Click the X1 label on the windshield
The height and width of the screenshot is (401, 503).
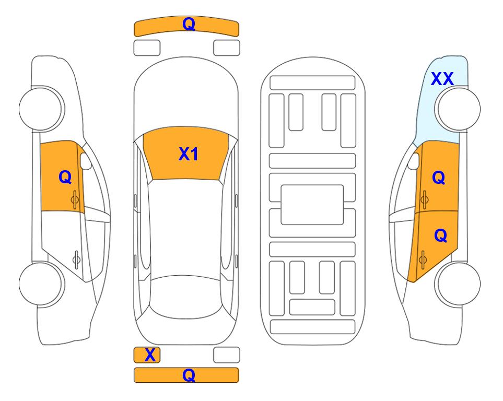tap(189, 154)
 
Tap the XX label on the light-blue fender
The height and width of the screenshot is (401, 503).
tap(442, 79)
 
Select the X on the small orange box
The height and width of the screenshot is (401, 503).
tap(150, 355)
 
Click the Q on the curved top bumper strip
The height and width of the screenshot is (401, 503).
tap(189, 24)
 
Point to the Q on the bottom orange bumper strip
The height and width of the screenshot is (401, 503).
tap(189, 375)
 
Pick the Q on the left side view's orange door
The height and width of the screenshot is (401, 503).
tap(65, 177)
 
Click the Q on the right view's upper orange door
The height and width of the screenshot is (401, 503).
tap(439, 178)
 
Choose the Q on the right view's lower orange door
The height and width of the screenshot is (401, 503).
tap(440, 235)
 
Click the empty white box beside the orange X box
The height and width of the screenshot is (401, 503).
tap(227, 355)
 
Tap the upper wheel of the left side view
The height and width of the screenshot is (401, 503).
tap(41, 109)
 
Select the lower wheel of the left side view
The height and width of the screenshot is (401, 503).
tap(41, 284)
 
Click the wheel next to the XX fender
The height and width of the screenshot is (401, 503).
tap(458, 109)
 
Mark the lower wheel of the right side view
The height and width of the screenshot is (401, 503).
tap(459, 284)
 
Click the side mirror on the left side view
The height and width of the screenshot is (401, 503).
tap(85, 161)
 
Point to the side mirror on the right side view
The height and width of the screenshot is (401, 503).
tap(414, 161)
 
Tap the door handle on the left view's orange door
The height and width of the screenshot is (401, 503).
tap(75, 199)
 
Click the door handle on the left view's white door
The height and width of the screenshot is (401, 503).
tap(76, 259)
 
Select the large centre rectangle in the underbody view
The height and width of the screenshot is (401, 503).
tap(312, 205)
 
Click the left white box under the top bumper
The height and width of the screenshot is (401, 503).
tap(147, 48)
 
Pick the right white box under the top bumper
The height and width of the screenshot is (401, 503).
tap(227, 48)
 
